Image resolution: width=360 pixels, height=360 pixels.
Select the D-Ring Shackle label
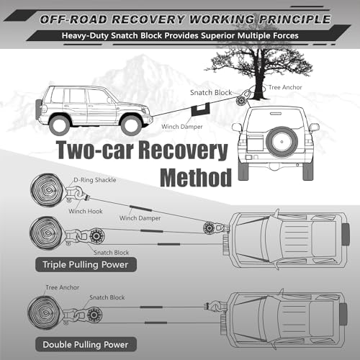95,180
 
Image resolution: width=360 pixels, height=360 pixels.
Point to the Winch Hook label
86,211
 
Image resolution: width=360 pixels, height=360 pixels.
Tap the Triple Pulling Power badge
86,264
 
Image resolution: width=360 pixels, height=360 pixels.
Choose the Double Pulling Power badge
86,344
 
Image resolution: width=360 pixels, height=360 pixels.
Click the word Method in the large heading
196,178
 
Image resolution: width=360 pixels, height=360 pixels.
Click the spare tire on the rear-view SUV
282,142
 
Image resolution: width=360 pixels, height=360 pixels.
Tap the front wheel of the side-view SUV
131,125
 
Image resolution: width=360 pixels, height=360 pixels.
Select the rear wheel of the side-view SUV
60,125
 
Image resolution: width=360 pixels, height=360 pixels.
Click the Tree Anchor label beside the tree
285,87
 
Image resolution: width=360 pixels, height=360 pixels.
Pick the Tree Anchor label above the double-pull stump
63,287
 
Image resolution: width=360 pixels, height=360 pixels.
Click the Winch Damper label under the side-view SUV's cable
182,127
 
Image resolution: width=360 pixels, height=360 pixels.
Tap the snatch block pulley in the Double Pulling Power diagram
94,315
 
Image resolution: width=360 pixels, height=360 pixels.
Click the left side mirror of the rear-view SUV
237,127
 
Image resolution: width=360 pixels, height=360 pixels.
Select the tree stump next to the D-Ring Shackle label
48,190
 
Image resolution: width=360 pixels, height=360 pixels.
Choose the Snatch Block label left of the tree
211,93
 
